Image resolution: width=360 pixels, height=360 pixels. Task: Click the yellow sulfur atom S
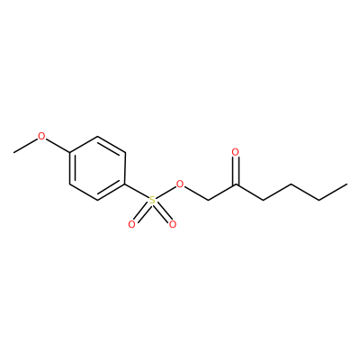(x=153, y=200)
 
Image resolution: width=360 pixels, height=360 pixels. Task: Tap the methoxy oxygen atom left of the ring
(x=41, y=136)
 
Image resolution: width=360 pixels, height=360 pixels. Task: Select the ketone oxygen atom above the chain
(x=236, y=152)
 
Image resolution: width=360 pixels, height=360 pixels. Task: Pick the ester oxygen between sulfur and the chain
(x=180, y=184)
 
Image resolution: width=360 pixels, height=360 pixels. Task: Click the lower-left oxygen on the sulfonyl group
(x=131, y=224)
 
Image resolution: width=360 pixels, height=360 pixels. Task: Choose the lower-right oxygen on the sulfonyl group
(x=172, y=224)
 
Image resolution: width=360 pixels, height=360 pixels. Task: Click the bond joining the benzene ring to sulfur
(x=137, y=191)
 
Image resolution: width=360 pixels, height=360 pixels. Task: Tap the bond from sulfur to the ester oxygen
(x=166, y=192)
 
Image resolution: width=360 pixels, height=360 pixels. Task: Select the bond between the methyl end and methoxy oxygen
(x=26, y=146)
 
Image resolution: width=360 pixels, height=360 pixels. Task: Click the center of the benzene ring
(x=97, y=168)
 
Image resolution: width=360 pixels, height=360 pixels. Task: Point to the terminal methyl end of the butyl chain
(x=347, y=184)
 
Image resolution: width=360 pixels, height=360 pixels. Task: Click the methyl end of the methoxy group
(x=13, y=152)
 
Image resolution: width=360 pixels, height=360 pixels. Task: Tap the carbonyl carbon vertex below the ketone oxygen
(x=236, y=184)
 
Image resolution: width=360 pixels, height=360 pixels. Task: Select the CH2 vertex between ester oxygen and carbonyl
(x=208, y=200)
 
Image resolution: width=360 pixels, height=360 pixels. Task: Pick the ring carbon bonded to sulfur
(x=125, y=184)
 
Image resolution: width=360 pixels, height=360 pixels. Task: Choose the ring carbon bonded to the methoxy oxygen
(x=70, y=153)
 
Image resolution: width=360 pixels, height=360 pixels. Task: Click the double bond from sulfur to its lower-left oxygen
(x=142, y=212)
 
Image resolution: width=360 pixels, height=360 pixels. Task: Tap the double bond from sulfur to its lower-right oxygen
(x=162, y=212)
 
